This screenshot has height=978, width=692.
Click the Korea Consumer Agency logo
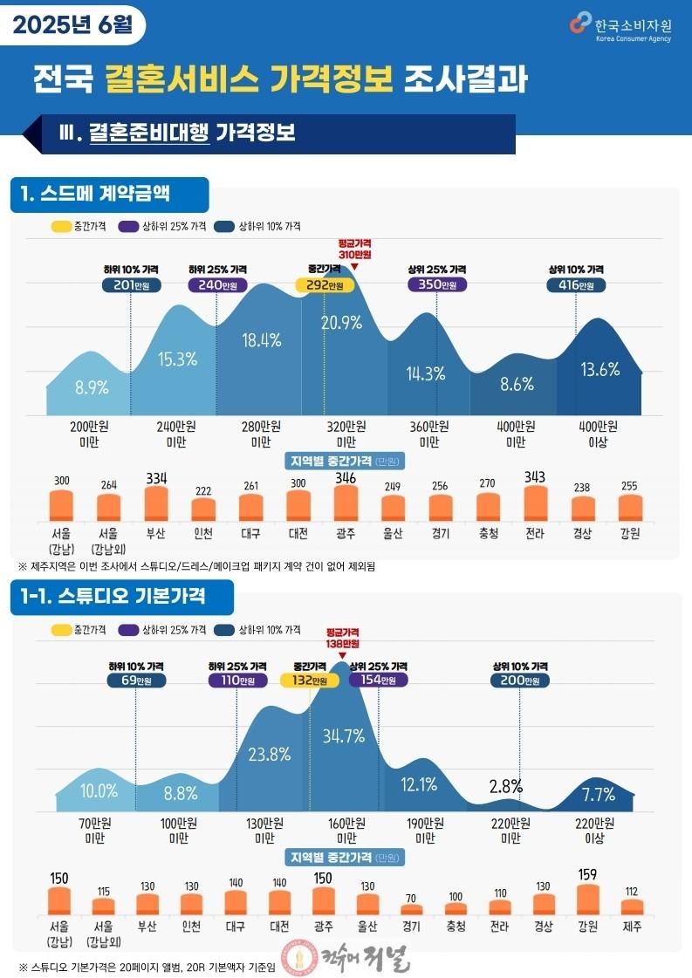[x=620, y=27]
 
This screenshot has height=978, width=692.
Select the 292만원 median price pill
[x=325, y=285]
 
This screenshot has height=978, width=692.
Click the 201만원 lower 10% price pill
[x=131, y=285]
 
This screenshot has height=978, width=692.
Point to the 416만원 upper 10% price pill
[x=576, y=285]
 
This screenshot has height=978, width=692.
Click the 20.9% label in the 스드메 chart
[x=341, y=323]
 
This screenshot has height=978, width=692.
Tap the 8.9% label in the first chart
[x=92, y=387]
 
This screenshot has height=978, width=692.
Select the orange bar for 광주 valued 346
[x=346, y=503]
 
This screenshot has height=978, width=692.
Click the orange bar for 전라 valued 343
[x=536, y=503]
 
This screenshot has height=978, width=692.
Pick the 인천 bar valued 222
[x=203, y=510]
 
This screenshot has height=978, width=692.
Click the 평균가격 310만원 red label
[x=355, y=249]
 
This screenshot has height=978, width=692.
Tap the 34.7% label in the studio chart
[x=343, y=736]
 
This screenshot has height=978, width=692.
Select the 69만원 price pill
[x=136, y=680]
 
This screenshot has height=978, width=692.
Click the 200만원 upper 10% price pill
[x=520, y=680]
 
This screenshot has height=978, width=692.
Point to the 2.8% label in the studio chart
[x=505, y=787]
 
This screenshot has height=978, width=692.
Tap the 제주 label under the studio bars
[x=632, y=927]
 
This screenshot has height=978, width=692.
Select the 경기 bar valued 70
[x=411, y=910]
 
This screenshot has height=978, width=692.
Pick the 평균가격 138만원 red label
[x=343, y=638]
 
